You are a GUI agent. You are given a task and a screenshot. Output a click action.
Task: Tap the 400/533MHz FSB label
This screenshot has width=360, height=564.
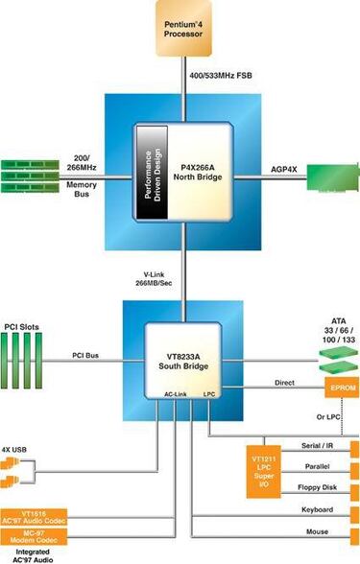pos(220,74)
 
